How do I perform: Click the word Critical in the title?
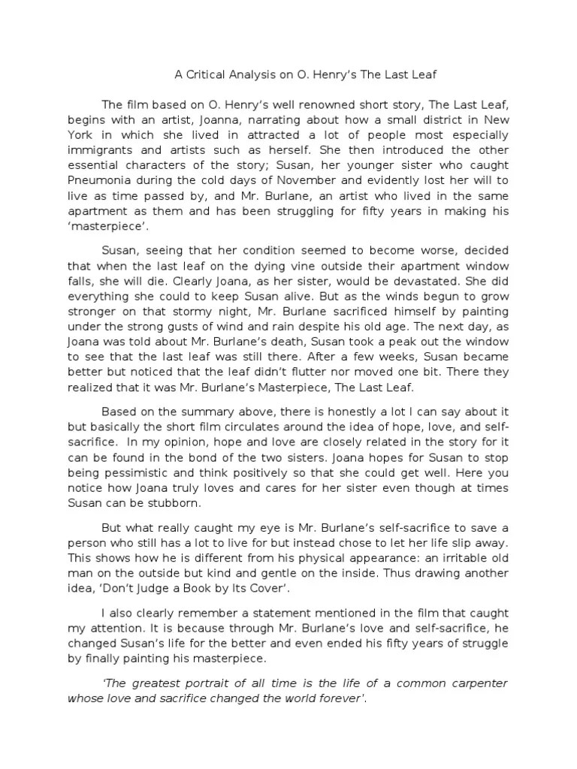click(x=204, y=75)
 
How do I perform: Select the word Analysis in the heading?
click(x=256, y=75)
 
